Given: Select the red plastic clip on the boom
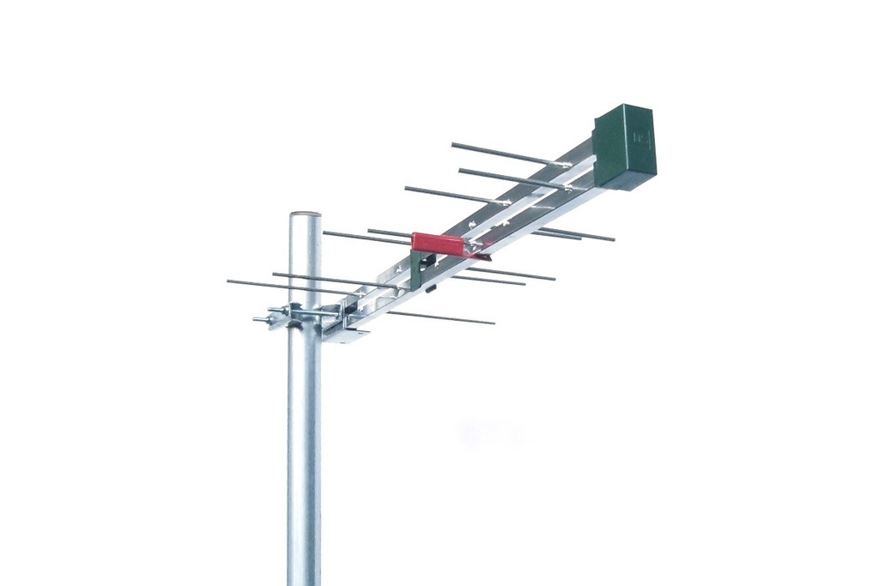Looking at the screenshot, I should pyautogui.click(x=439, y=243).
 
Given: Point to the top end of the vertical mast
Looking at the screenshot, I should pyautogui.click(x=305, y=215).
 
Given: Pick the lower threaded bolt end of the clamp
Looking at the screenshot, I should pyautogui.click(x=258, y=320).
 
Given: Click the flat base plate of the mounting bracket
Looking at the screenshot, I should pyautogui.click(x=347, y=335).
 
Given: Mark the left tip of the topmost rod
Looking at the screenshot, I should pyautogui.click(x=453, y=144).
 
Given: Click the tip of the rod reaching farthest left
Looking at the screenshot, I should pyautogui.click(x=229, y=281).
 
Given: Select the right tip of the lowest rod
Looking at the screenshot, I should pyautogui.click(x=493, y=323).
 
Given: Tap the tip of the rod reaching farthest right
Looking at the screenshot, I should pyautogui.click(x=613, y=239).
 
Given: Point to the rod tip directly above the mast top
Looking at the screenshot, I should pyautogui.click(x=324, y=232).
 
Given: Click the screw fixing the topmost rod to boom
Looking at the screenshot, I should pyautogui.click(x=562, y=163).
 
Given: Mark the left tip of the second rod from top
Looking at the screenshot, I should pyautogui.click(x=461, y=170).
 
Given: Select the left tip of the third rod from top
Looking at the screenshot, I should pyautogui.click(x=407, y=188).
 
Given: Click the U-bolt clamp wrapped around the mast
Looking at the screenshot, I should pyautogui.click(x=296, y=315).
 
